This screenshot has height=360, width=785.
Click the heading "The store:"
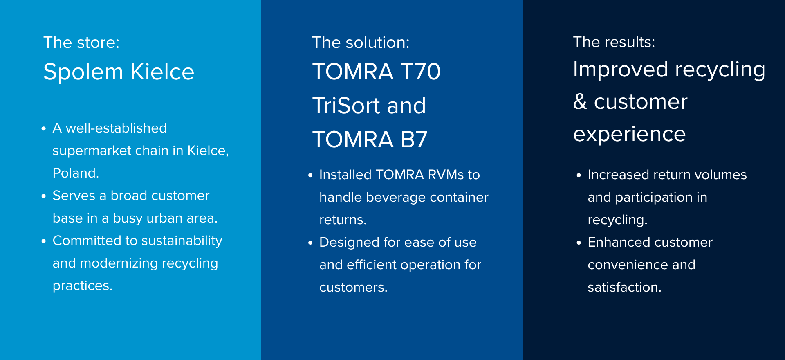pos(81,43)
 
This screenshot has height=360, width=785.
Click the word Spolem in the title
pos(83,72)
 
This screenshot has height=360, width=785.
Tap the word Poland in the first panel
pos(74,173)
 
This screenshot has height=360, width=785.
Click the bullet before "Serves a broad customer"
pos(44,196)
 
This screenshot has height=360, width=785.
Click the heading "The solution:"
pos(361,43)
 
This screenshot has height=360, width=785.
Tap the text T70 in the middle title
pos(420,72)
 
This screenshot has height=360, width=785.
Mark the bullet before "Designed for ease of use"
pos(310,243)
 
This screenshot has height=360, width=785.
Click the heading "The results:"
pos(614,42)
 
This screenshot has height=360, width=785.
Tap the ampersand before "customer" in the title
pos(580,101)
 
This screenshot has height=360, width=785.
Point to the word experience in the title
pos(629,135)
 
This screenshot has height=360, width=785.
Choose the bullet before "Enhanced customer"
pos(579,243)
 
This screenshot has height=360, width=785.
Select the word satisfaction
pos(624,287)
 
